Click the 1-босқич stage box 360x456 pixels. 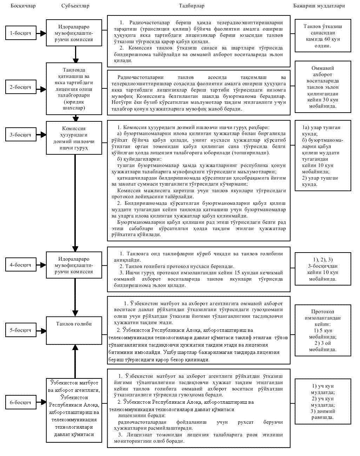[x=20, y=33]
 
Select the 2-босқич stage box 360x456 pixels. [x=20, y=87]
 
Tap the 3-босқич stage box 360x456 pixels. [x=20, y=135]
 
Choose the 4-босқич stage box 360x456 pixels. [x=20, y=265]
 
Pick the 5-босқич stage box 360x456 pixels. [x=20, y=330]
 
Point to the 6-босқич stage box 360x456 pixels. [x=20, y=402]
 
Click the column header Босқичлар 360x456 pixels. [x=23, y=6]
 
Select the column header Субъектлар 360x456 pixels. [x=75, y=6]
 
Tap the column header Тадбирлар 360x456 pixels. [x=192, y=6]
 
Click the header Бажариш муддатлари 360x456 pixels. [x=319, y=6]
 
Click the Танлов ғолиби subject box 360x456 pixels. [x=74, y=330]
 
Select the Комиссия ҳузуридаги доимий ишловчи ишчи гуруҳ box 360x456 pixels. [x=74, y=138]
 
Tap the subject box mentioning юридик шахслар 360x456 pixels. [x=74, y=89]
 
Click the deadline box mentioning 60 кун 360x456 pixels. [x=323, y=36]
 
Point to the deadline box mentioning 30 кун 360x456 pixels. [x=323, y=87]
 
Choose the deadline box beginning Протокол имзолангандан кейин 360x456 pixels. [x=323, y=330]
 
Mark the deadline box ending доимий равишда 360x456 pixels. [x=323, y=402]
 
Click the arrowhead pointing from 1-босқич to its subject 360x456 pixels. [x=43, y=33]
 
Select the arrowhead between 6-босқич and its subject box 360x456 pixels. [x=43, y=402]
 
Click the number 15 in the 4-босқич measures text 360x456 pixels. [x=237, y=273]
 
